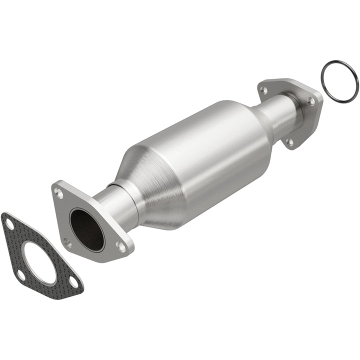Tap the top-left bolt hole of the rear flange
click(x=264, y=90)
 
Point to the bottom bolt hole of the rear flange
click(x=290, y=142)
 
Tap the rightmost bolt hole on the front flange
click(x=120, y=246)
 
